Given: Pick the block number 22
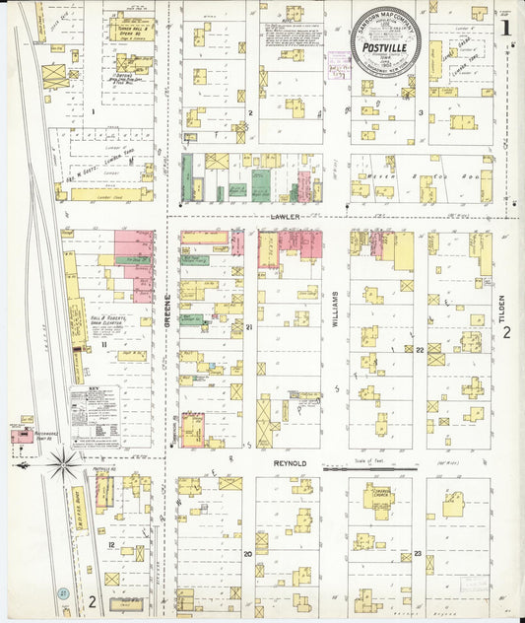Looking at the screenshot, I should (419, 350).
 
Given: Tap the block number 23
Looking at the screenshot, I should (419, 554).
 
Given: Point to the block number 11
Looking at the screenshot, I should (103, 345).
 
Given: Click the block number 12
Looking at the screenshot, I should (112, 545).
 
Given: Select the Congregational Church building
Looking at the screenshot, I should (379, 497).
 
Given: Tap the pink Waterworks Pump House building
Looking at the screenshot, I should (21, 435).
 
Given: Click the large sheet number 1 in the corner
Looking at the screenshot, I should (505, 28).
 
